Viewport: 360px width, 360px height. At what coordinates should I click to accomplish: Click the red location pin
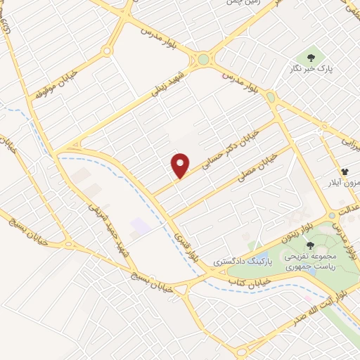pos(181,165)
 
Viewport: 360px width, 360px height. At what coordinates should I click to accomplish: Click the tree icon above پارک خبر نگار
pos(309,56)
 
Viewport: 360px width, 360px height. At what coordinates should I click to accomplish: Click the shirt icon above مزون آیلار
pos(345,171)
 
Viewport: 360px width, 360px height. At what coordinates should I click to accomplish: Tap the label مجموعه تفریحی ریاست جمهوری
pos(311,262)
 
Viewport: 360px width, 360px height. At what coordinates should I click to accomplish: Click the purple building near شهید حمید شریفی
pos(139,226)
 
